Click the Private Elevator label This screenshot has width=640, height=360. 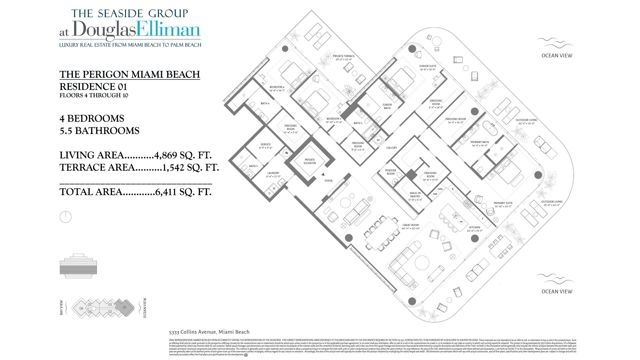coord(309,161)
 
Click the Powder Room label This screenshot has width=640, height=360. coord(391,172)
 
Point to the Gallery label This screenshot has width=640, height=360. coord(391,148)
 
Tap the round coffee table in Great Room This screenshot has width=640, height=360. coord(422,263)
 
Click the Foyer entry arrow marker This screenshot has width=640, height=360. coord(323,174)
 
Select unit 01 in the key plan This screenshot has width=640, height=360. coord(124,307)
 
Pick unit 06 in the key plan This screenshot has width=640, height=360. coord(81,308)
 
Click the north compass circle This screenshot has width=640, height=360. coord(66,217)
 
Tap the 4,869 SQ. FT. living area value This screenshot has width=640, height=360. coord(183,155)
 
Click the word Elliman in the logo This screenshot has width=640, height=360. coord(168,30)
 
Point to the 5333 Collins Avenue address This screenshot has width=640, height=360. coord(209,332)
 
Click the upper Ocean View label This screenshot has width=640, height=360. coord(557,56)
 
